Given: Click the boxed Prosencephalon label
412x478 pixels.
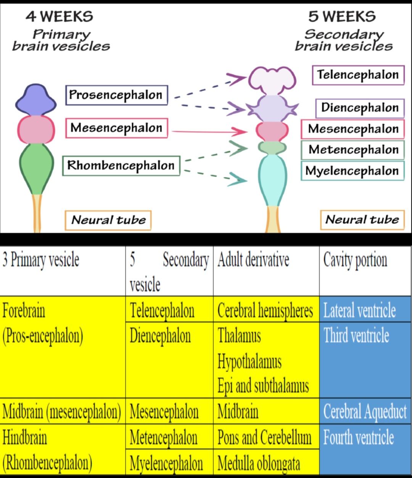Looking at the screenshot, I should (116, 95).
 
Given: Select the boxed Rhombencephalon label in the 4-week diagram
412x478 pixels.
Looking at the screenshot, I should (121, 166).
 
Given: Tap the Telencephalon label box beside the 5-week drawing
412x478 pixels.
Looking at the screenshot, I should (358, 75).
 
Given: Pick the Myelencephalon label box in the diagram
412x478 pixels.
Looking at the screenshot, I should (352, 171).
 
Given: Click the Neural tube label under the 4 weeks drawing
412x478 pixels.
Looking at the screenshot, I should (108, 220).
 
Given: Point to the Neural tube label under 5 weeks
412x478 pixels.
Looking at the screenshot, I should (362, 220).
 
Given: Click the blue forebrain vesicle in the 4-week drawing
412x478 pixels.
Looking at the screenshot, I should (35, 100).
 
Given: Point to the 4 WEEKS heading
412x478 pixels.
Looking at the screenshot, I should (60, 16).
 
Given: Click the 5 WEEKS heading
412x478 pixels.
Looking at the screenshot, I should (342, 16).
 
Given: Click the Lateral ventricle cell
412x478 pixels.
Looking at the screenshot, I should (359, 310).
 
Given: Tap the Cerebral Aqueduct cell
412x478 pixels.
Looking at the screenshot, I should (365, 412).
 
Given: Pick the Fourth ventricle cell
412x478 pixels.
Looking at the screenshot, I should (359, 437).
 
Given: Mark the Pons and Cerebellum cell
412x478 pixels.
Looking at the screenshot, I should (264, 437).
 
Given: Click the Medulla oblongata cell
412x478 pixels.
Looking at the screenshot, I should (259, 463).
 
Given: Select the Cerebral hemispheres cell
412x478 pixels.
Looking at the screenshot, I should (265, 310).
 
